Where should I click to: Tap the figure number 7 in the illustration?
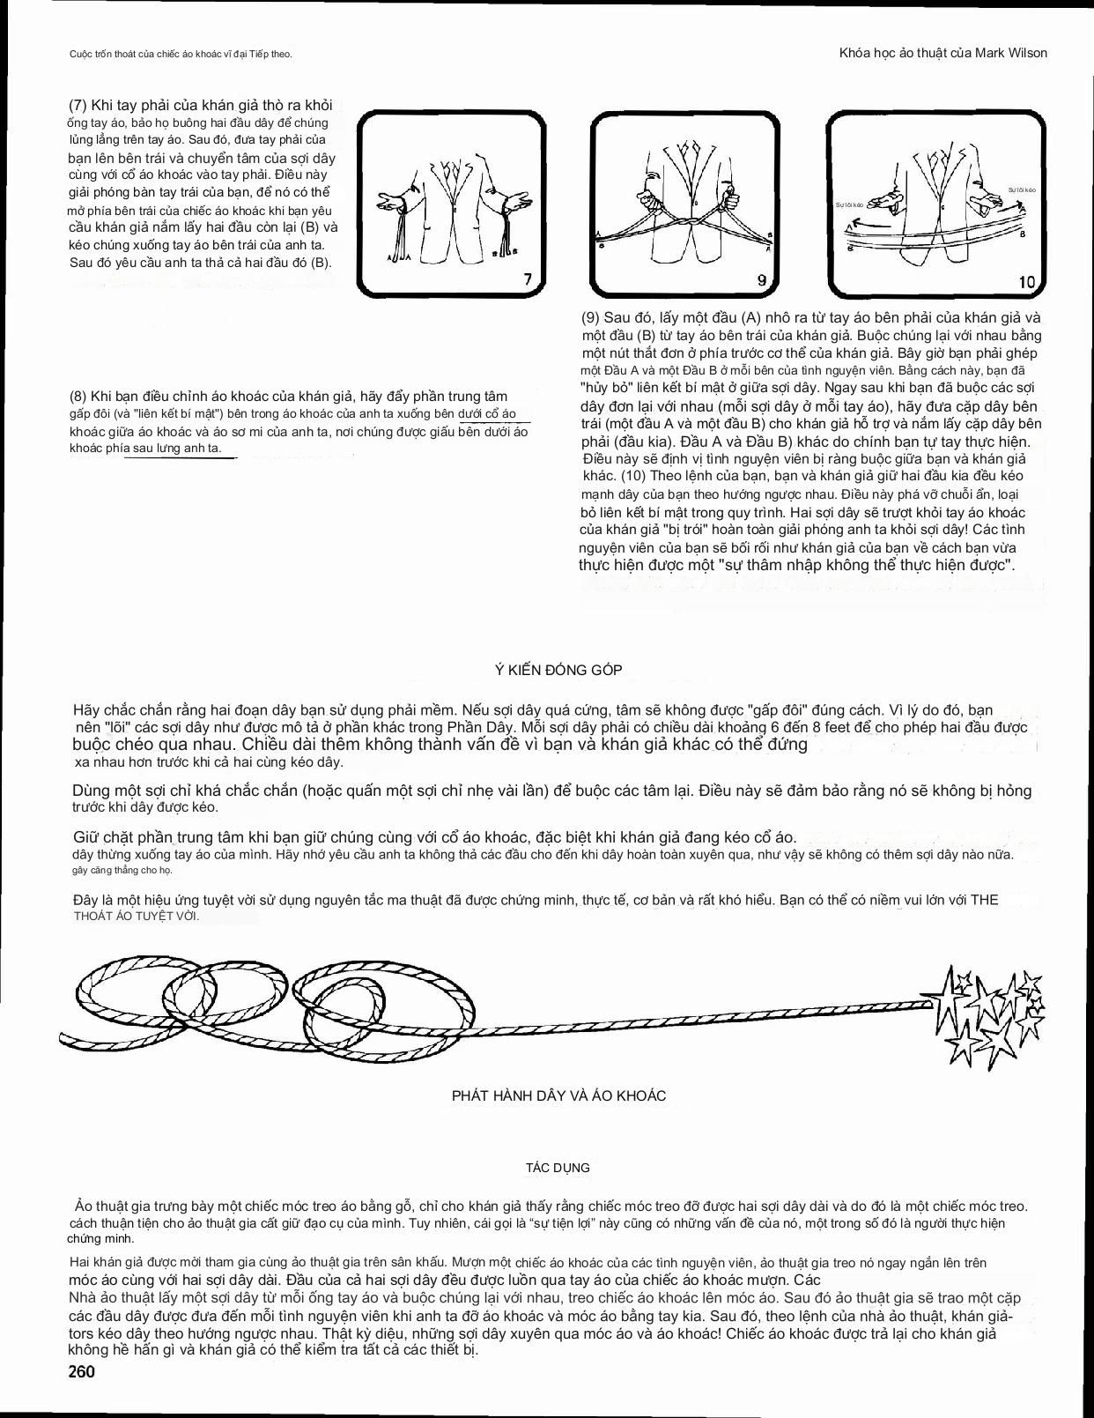coord(528,279)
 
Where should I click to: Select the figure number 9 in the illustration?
coord(762,280)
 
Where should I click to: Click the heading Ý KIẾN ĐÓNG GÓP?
coord(558,670)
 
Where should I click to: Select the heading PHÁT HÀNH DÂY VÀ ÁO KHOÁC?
coord(558,1096)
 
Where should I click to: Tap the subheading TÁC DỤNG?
coord(558,1168)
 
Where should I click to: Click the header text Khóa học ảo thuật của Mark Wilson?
coord(943,53)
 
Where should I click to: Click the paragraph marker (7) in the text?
coord(78,105)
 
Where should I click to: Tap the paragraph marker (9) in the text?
coord(590,317)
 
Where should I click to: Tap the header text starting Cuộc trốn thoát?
coord(180,55)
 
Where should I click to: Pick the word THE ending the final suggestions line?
coord(984,900)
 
